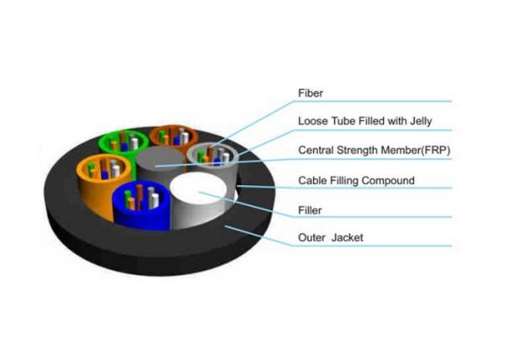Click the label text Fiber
[310, 93]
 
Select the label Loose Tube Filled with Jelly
[365, 121]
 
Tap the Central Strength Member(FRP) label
[374, 151]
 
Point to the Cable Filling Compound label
[356, 181]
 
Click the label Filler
[310, 210]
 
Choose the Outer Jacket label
[331, 238]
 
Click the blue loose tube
[141, 206]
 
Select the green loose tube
[124, 144]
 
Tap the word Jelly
[421, 122]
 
